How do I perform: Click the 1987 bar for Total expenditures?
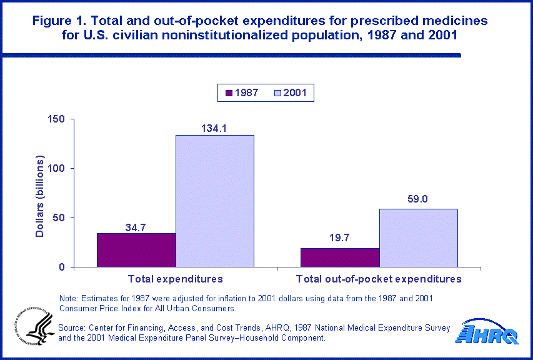tap(136, 250)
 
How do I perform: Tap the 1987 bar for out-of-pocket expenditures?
tap(340, 257)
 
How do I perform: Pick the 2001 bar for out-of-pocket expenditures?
tap(419, 238)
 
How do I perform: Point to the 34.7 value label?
tap(136, 227)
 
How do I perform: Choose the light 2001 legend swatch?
tap(278, 94)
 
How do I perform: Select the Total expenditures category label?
tap(176, 279)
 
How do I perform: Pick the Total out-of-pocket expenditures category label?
tap(379, 279)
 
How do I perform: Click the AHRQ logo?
tap(490, 332)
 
